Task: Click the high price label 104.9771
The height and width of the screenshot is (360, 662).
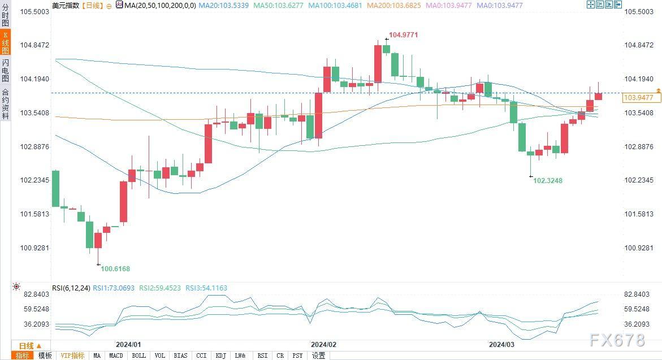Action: [x=404, y=35]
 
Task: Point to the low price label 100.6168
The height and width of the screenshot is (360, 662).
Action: [x=115, y=268]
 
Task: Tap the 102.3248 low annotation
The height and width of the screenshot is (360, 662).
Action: [x=548, y=181]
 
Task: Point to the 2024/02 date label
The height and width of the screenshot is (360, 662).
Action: [x=323, y=344]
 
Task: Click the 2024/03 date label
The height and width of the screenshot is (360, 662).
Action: [x=502, y=344]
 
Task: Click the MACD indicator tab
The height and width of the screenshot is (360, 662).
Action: [x=116, y=355]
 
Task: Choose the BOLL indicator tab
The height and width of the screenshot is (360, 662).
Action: [x=139, y=355]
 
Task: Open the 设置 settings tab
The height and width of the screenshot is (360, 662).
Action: [x=318, y=355]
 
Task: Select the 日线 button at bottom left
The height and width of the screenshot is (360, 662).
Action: [x=30, y=346]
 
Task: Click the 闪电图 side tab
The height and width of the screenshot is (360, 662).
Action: [x=5, y=70]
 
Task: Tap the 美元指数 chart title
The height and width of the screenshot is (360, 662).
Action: [x=65, y=6]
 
